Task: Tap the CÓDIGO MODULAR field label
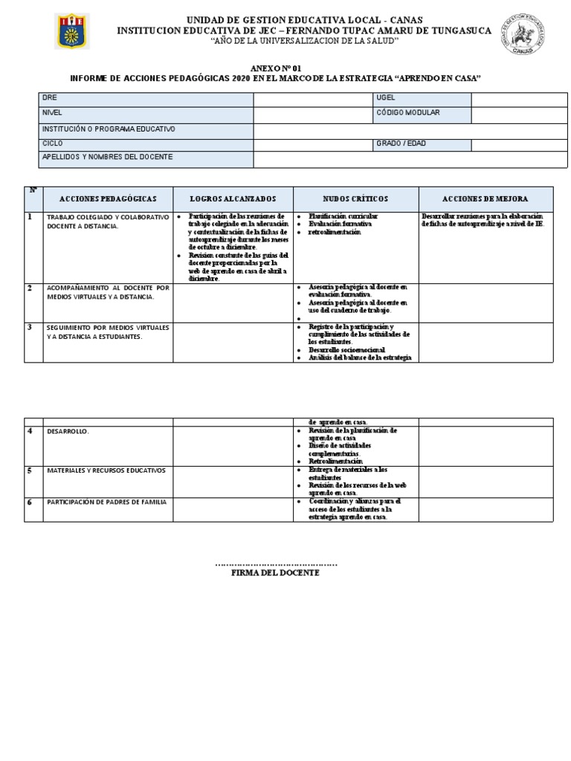point(408,113)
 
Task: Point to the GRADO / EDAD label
point(401,143)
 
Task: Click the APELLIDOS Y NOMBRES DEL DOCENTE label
point(108,158)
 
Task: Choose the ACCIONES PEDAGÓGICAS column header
point(108,199)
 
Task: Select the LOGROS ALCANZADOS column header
point(233,199)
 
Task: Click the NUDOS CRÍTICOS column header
point(355,199)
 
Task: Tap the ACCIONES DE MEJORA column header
point(485,199)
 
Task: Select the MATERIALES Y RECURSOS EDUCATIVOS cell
point(106,470)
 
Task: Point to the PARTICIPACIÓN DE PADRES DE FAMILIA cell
point(106,502)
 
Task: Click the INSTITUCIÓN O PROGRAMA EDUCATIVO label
point(109,129)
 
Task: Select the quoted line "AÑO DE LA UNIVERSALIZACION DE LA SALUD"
point(285,40)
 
